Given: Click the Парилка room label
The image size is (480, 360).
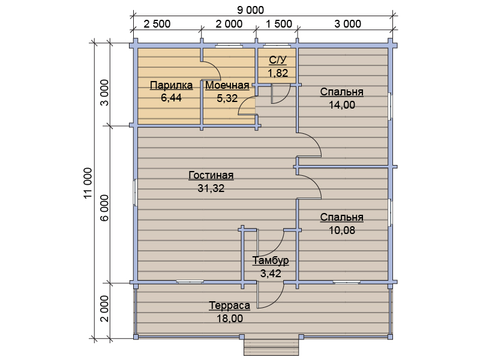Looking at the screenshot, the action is click(x=171, y=85).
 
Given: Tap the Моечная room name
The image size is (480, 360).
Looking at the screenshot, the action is click(x=227, y=85).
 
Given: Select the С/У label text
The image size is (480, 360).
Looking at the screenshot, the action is click(x=278, y=60).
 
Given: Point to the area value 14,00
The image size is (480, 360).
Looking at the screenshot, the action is click(x=342, y=105).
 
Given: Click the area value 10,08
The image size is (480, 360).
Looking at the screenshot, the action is click(x=342, y=230).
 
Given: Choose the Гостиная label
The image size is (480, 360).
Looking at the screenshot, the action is click(x=211, y=175).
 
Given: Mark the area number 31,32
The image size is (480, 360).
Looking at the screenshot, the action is click(x=211, y=188).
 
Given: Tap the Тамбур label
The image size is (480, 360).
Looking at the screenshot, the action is click(x=271, y=260).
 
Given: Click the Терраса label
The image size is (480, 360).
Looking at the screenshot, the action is click(x=230, y=305).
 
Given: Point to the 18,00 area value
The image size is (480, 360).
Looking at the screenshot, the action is click(x=230, y=319).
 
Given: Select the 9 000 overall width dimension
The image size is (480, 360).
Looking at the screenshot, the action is click(x=250, y=10).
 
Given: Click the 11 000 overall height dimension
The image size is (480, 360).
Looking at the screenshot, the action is click(x=88, y=183).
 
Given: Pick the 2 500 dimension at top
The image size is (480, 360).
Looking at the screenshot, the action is click(x=157, y=24).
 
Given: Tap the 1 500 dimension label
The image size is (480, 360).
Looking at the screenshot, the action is click(x=279, y=24).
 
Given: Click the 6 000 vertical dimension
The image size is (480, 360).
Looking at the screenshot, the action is click(x=104, y=208).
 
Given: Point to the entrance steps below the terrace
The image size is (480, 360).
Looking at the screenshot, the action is click(x=271, y=347).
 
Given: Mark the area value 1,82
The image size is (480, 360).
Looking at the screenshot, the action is click(x=278, y=73).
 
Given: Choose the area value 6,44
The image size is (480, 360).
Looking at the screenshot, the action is click(x=171, y=98).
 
